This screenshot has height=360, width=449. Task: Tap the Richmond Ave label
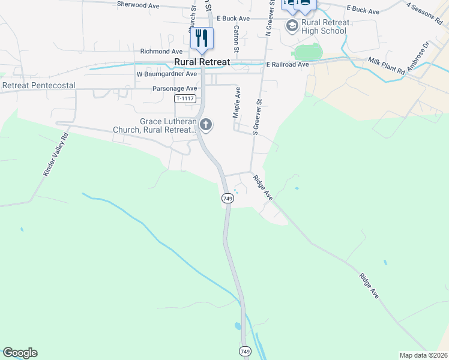(x=161, y=52)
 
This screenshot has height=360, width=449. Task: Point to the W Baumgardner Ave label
(x=167, y=74)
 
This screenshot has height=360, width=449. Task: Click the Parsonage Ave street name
(x=175, y=88)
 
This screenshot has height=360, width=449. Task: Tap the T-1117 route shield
(x=185, y=98)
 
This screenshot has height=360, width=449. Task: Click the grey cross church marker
(x=206, y=125)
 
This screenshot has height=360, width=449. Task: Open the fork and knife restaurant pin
(x=202, y=38)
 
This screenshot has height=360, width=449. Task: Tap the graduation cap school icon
(x=292, y=25)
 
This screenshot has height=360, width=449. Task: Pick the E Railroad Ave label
(x=288, y=64)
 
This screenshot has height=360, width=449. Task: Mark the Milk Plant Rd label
(x=386, y=66)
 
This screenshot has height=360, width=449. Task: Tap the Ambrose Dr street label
(x=418, y=57)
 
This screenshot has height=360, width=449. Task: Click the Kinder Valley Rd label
(x=56, y=154)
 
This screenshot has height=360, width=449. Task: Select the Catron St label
(x=237, y=37)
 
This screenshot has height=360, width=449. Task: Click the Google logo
(x=20, y=353)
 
